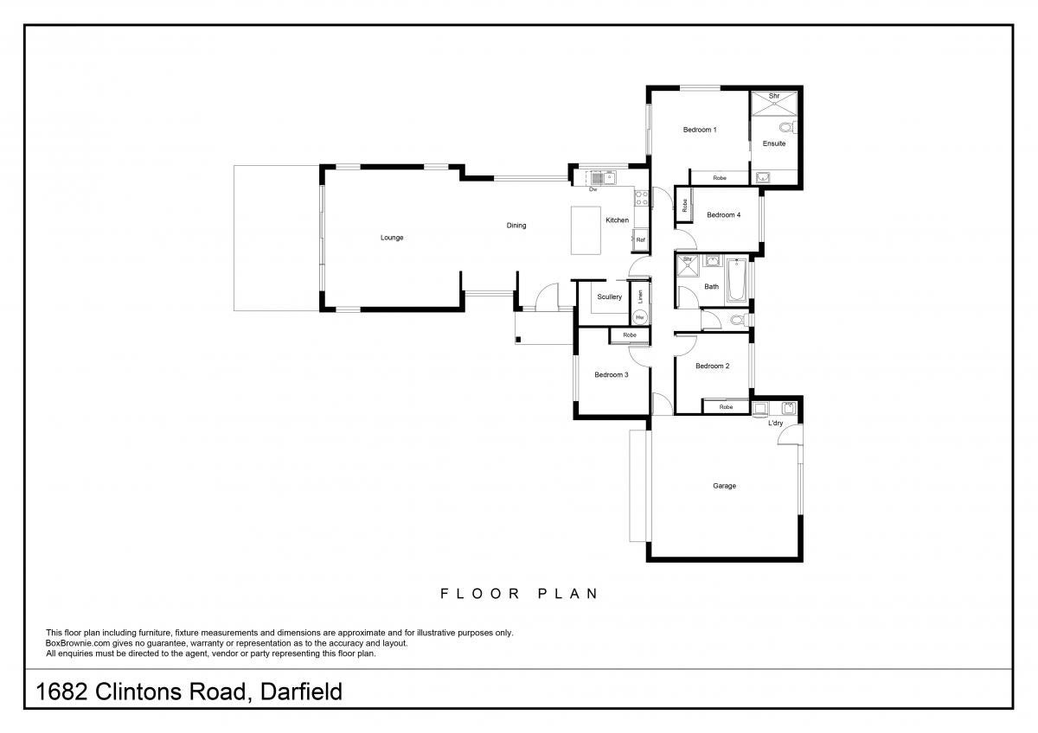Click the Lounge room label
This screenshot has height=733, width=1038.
pos(392,238)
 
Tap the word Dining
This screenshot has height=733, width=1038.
pos(516,226)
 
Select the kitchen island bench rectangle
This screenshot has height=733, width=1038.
pos(586,230)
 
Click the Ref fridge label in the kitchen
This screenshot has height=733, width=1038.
pos(640,239)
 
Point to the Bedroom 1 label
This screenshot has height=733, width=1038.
pos(700,130)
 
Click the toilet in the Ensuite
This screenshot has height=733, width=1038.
pos(788,127)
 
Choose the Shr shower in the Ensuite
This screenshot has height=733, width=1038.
pos(774,103)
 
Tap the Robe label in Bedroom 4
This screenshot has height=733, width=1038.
pos(685,205)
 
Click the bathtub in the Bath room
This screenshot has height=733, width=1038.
pos(735,280)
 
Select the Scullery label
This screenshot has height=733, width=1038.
pos(609,296)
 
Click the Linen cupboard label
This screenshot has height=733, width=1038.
pos(641,296)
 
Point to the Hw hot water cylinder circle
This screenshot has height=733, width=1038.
pos(640,317)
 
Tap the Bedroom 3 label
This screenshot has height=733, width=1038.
pos(612,374)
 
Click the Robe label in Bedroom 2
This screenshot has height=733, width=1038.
pos(726,407)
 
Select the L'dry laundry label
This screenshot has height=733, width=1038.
pos(775,423)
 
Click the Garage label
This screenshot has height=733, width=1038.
pos(724,486)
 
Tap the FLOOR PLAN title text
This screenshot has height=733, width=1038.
pos(519,594)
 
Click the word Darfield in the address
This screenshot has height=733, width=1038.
pos(301,692)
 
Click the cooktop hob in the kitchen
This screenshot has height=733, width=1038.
pos(641,198)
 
